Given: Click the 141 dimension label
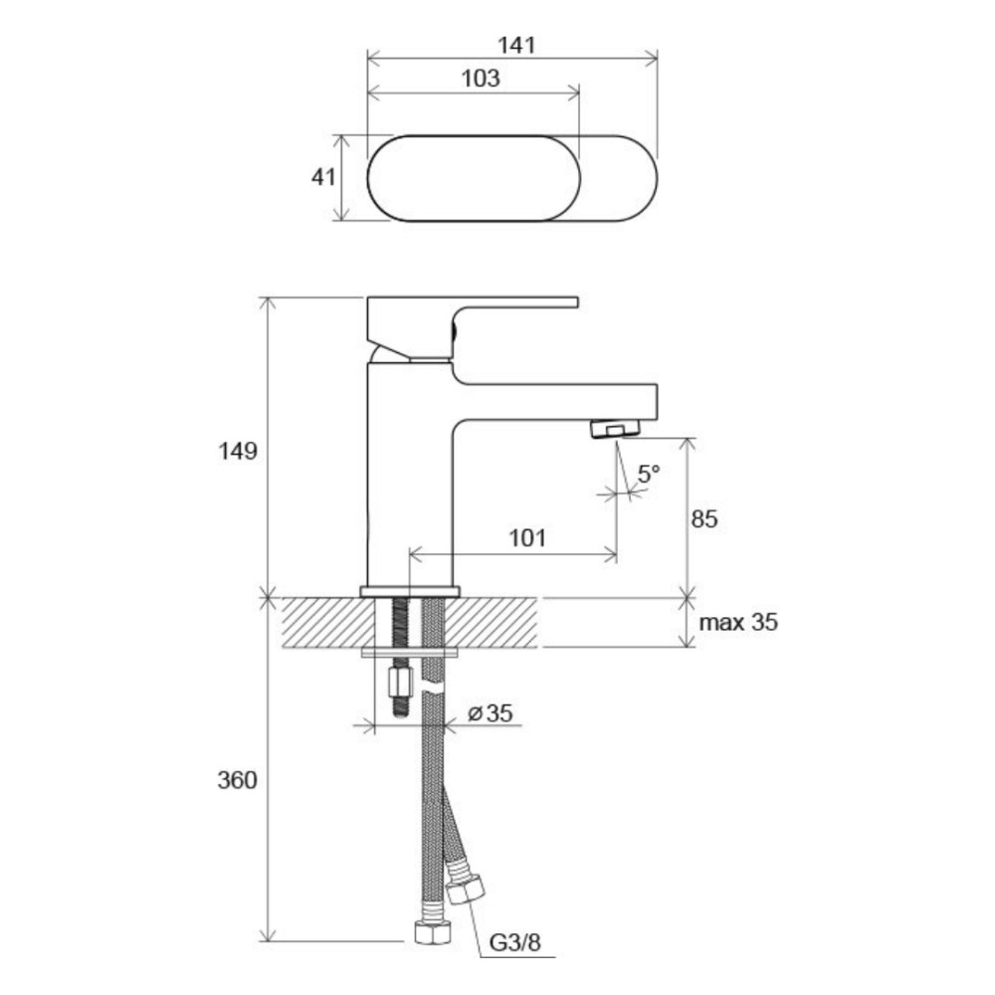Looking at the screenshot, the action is pyautogui.click(x=515, y=45).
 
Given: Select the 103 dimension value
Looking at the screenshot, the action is pyautogui.click(x=481, y=78).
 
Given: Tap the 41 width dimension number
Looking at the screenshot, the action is pyautogui.click(x=323, y=177).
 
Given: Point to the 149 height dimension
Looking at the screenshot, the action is pyautogui.click(x=238, y=451).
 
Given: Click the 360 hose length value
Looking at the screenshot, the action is pyautogui.click(x=238, y=780).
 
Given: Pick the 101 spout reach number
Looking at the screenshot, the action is pyautogui.click(x=527, y=538).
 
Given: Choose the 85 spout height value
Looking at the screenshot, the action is pyautogui.click(x=703, y=519).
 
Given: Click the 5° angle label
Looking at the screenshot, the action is pyautogui.click(x=649, y=474).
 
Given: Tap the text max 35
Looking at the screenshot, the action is pyautogui.click(x=738, y=623).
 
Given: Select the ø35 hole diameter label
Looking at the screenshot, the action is pyautogui.click(x=490, y=713).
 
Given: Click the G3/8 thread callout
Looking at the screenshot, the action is pyautogui.click(x=514, y=943).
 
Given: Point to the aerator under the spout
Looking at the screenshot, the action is pyautogui.click(x=615, y=429).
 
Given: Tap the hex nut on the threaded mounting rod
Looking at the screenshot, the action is pyautogui.click(x=399, y=682).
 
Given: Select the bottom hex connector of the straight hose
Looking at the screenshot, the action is pyautogui.click(x=432, y=929).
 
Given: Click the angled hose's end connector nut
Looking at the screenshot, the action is pyautogui.click(x=467, y=889).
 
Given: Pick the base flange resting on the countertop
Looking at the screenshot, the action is pyautogui.click(x=409, y=592).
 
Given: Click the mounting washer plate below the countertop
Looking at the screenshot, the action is pyautogui.click(x=409, y=652).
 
